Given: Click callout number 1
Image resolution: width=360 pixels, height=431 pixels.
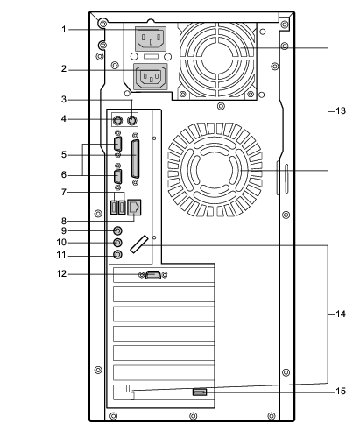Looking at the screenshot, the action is pos(64,30).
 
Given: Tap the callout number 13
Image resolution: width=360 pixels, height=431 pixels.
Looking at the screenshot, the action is pos(341,111).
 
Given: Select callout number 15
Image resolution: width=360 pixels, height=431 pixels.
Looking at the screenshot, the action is pos(341,391).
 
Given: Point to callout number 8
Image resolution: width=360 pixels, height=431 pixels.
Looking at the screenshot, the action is pos(64,221).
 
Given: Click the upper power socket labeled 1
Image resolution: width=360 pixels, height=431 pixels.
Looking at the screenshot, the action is pos(151,39).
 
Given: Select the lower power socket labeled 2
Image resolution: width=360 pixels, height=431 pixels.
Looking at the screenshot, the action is pos(151,76).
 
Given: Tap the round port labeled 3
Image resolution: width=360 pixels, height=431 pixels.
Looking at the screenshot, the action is pos(132,120).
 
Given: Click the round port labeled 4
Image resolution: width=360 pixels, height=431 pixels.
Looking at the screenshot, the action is pos(117,120).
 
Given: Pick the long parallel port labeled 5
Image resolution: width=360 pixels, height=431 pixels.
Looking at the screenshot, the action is pos(135,159).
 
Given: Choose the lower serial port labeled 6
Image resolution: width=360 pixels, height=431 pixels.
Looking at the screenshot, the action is pos(117,176).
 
